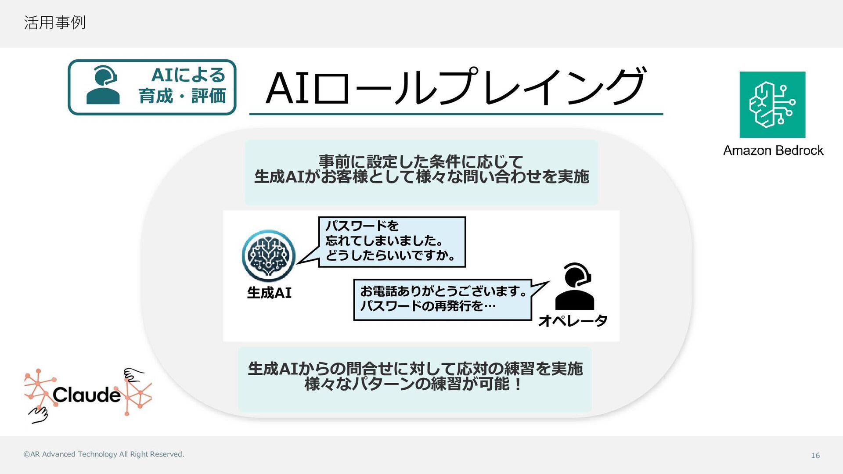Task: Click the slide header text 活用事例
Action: coord(54,22)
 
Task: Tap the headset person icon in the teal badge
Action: coord(103,85)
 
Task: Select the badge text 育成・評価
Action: coord(182,96)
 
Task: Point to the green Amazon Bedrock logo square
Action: coord(772,104)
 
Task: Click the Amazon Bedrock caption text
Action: coord(773,151)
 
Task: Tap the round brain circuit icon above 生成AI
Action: coord(268,256)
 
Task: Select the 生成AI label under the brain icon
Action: coord(269,293)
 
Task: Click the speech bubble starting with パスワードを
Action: coord(392,242)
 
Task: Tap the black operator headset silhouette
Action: coord(575,286)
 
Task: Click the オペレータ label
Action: coord(573,321)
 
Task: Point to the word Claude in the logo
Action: coord(86,395)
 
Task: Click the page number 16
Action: coord(815,456)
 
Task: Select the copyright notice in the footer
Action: coord(104,454)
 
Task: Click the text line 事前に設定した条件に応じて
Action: coord(421,162)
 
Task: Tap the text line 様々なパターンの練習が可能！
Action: coord(413,384)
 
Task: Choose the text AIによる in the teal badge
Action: coord(188,75)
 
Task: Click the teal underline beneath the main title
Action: coord(456,114)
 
